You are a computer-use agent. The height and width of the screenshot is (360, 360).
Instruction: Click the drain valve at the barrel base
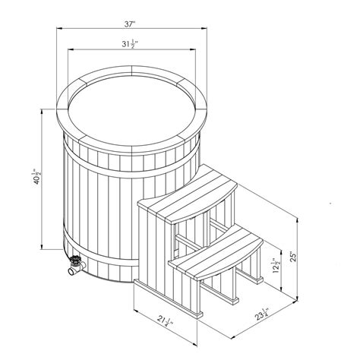[74, 267]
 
